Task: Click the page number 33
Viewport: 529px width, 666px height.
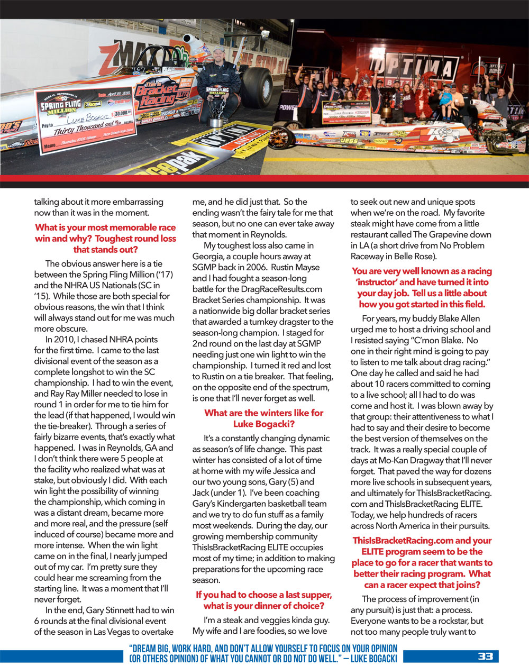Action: click(485, 656)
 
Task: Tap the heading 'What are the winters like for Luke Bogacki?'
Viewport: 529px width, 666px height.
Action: click(263, 418)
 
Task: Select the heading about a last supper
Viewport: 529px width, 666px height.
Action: click(263, 600)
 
